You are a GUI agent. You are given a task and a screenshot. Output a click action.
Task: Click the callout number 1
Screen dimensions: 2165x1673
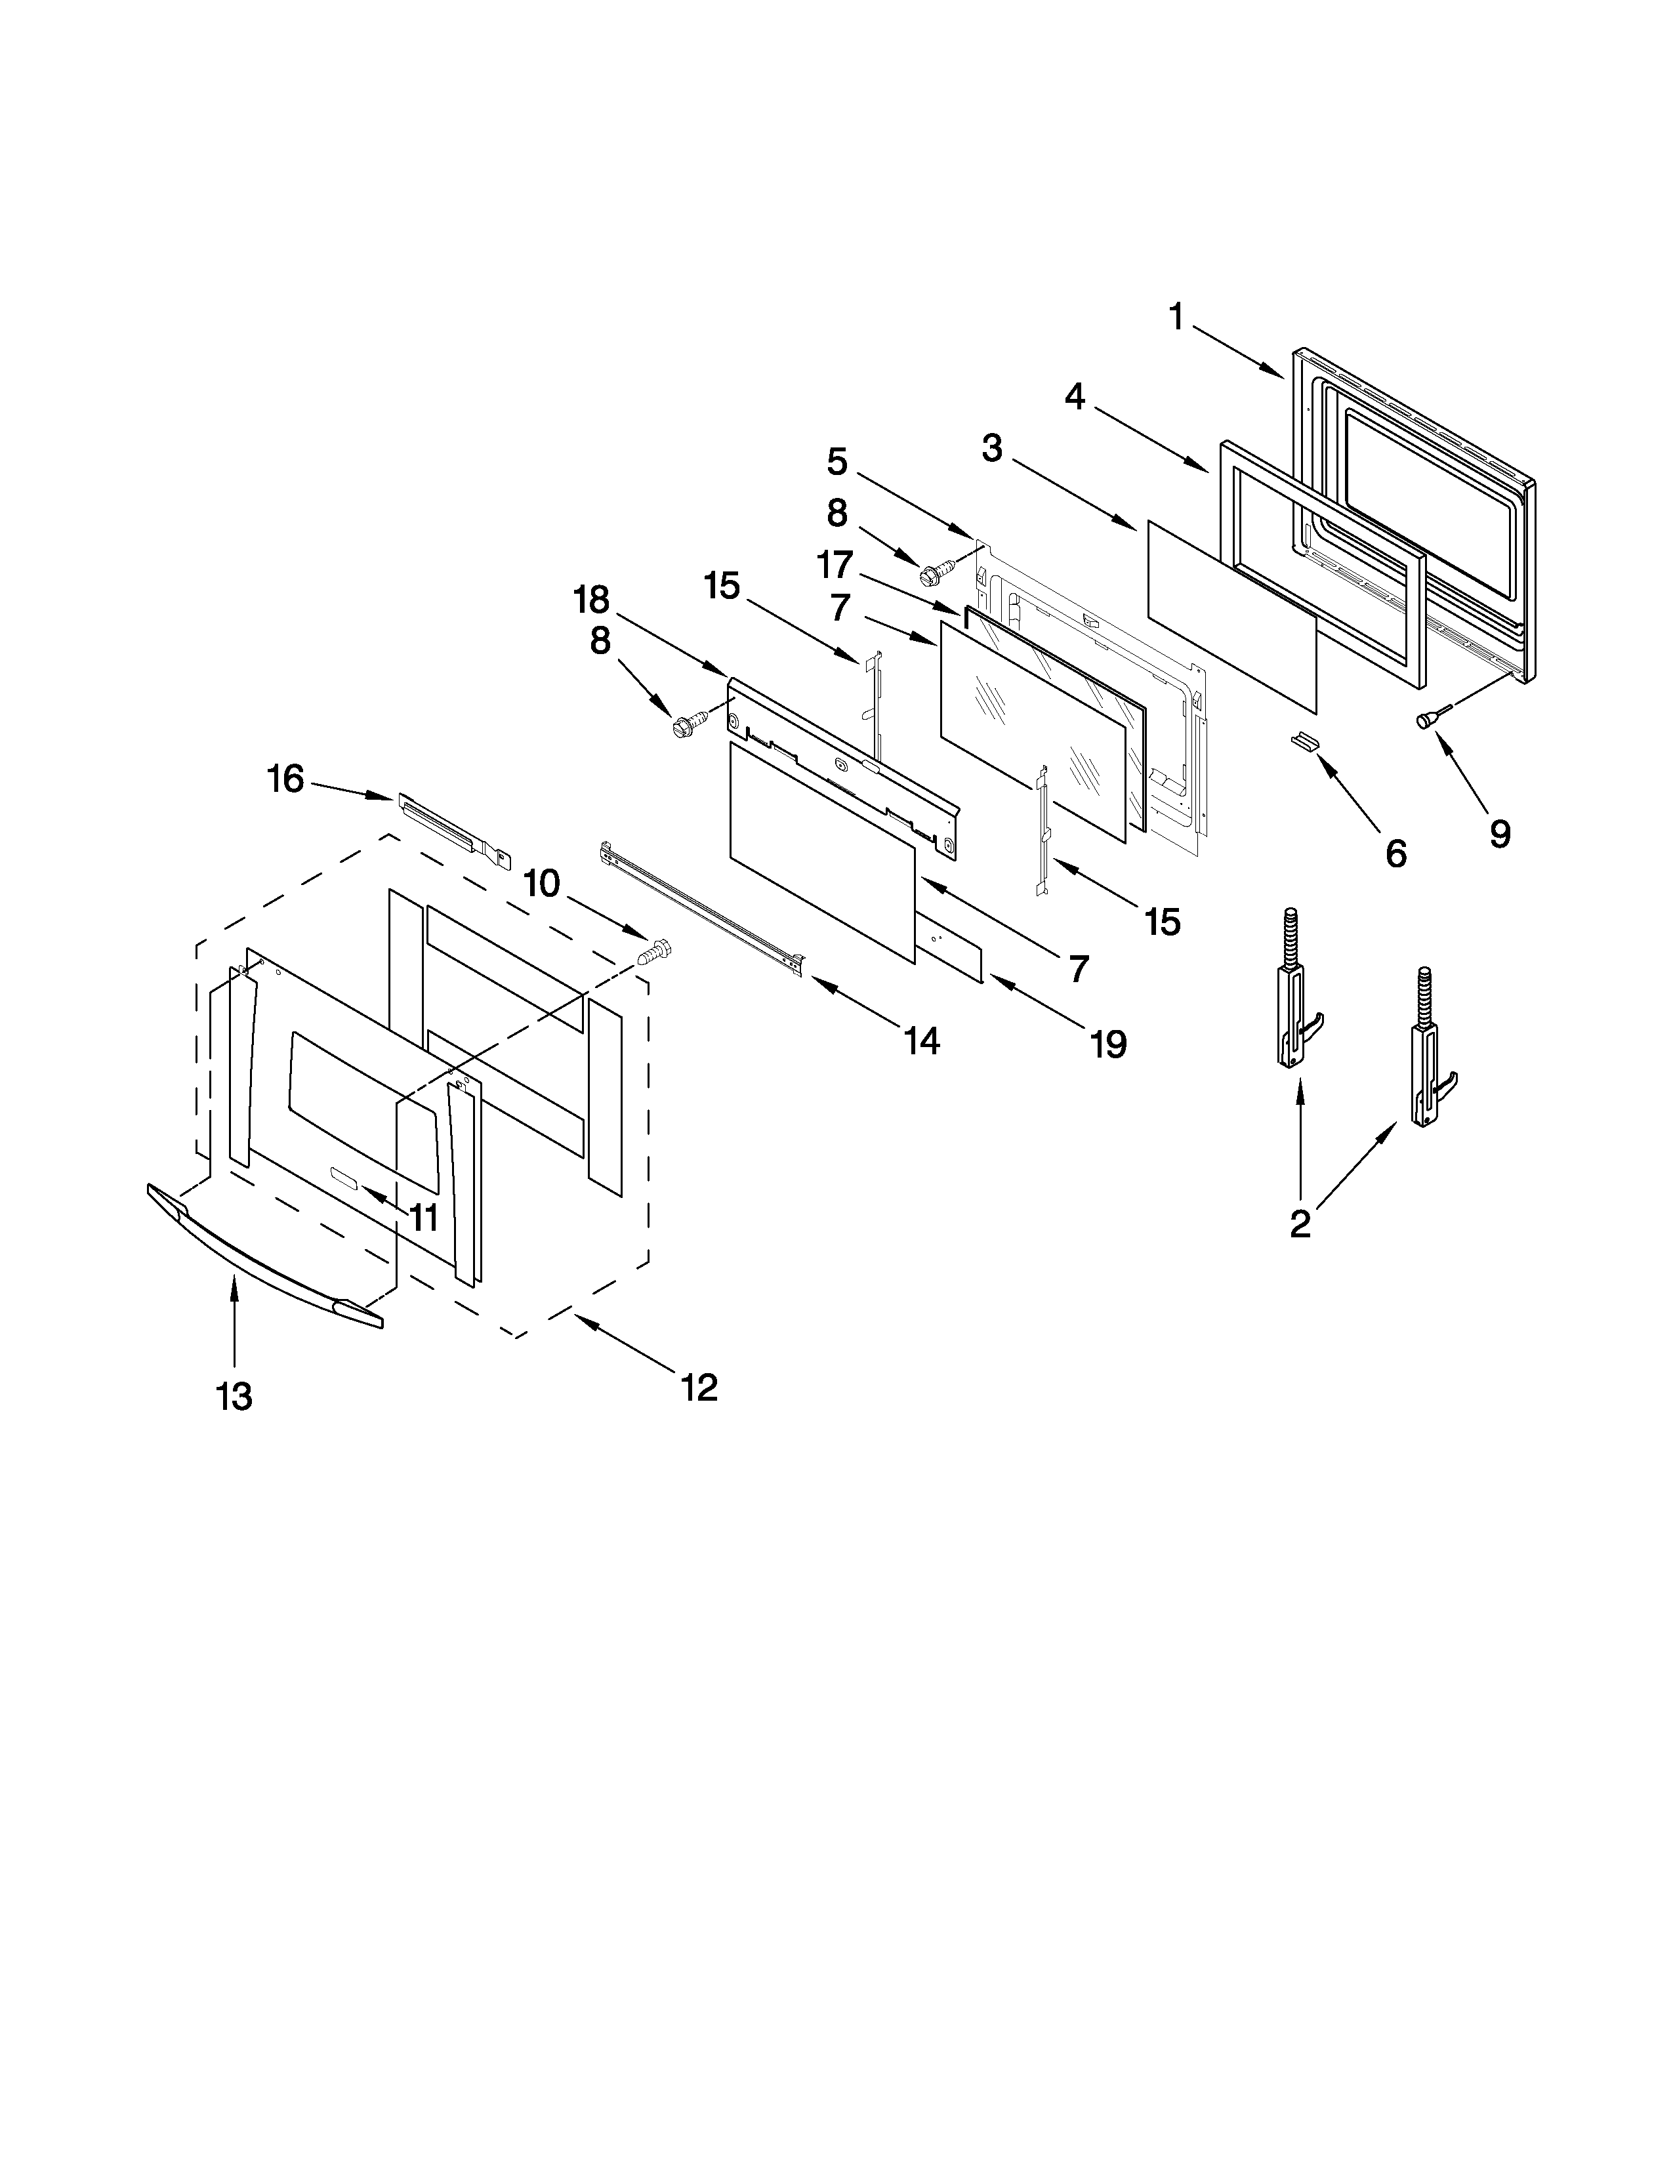point(1176,318)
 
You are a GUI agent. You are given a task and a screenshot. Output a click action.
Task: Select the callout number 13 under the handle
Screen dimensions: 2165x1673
point(235,1397)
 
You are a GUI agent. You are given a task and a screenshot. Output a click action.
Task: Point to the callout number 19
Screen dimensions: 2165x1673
point(1108,1044)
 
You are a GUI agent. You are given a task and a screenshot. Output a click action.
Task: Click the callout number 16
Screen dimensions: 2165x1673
point(285,779)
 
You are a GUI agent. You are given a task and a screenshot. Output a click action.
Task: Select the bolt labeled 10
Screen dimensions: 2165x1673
point(654,952)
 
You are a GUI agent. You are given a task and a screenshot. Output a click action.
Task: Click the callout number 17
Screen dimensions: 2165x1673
point(835,565)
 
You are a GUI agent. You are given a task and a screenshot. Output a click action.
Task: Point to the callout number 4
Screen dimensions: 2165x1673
point(1075,398)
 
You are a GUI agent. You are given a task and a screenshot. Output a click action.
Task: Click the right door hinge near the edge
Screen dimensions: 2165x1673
point(1429,1061)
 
